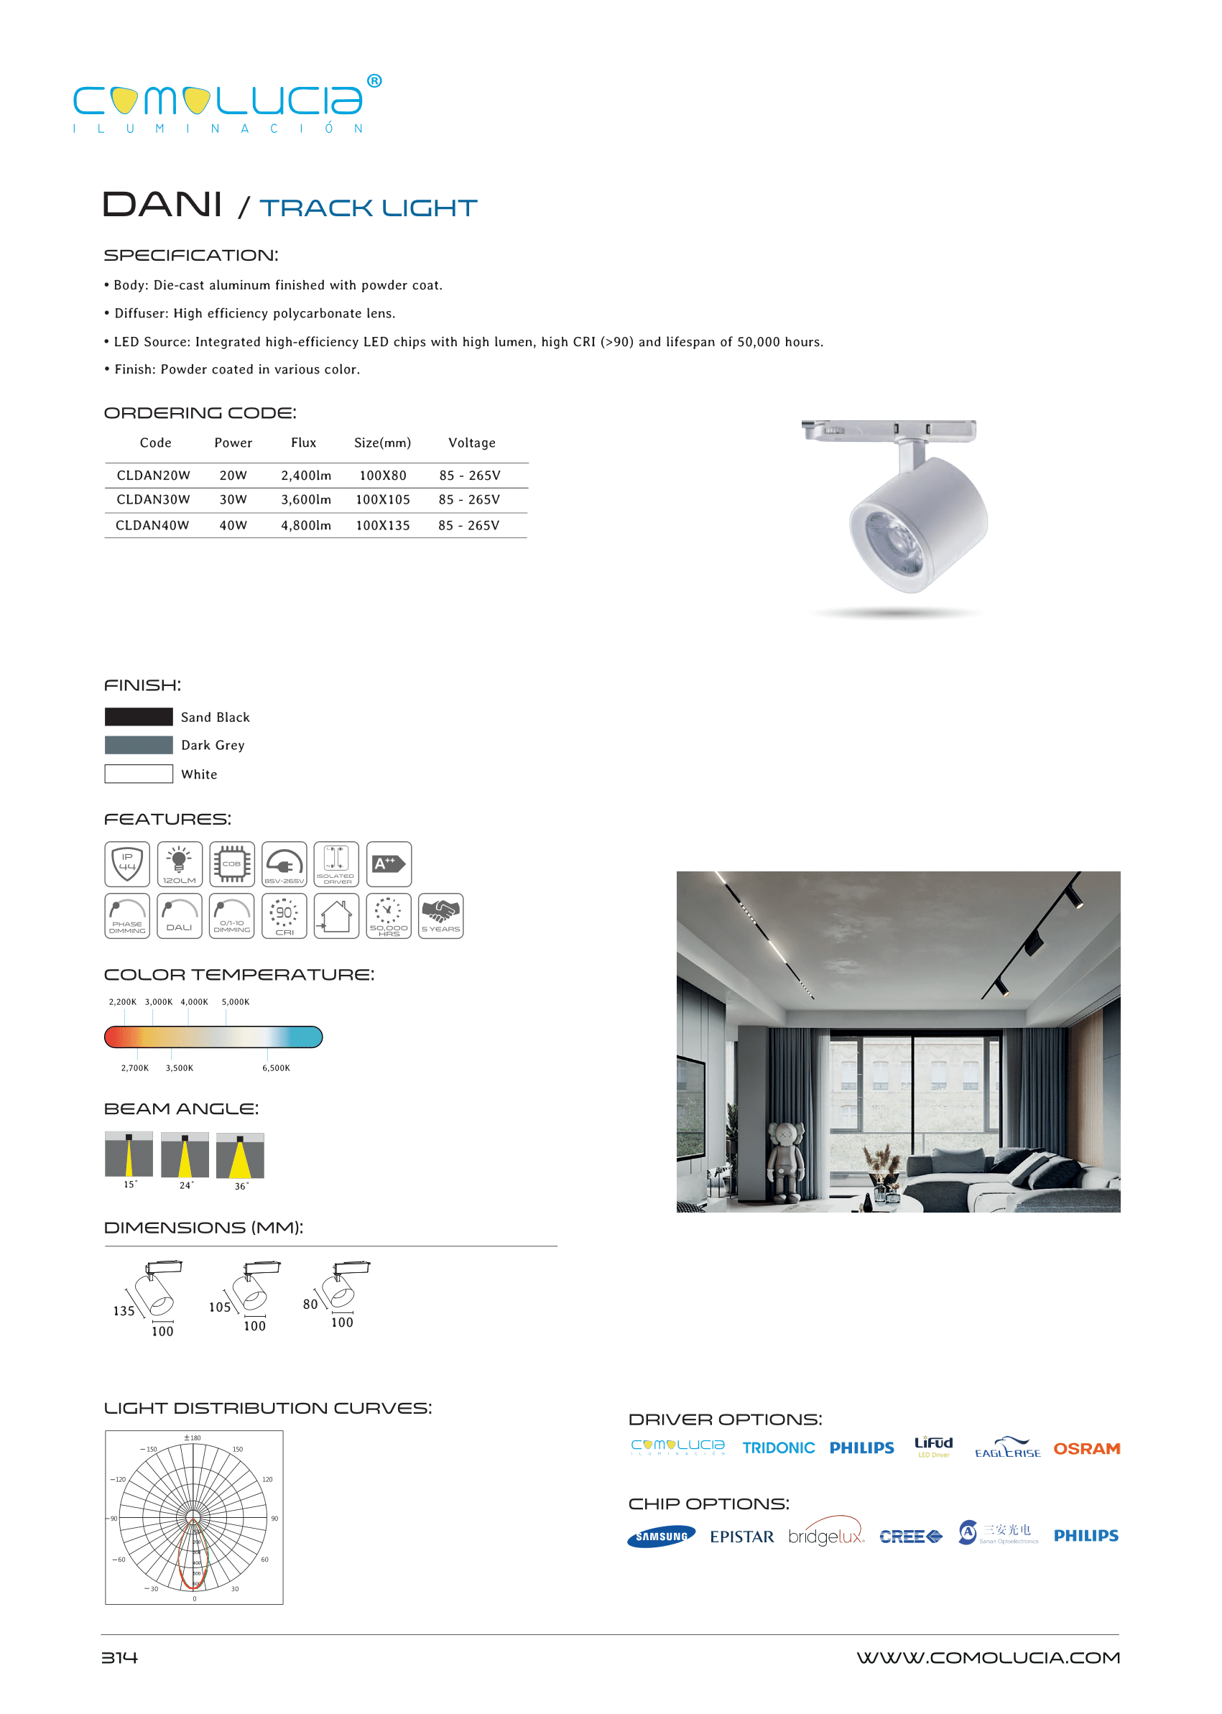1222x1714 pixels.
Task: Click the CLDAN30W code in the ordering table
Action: click(153, 499)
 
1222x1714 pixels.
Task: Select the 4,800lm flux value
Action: click(305, 525)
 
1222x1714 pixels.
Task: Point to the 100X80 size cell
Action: click(382, 476)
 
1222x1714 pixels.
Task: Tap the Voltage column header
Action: click(472, 443)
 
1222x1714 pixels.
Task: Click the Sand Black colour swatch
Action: click(139, 717)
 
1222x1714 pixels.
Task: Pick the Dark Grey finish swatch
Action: click(139, 745)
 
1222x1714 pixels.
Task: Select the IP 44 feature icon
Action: click(127, 863)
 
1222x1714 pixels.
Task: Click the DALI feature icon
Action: click(179, 916)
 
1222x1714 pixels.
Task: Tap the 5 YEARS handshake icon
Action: click(441, 916)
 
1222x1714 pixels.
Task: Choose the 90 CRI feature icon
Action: click(284, 916)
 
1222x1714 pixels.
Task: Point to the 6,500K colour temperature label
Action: click(275, 1067)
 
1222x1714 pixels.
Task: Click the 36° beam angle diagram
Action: click(240, 1157)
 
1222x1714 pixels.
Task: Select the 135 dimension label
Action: click(124, 1311)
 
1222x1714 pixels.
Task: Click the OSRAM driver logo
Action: click(1086, 1448)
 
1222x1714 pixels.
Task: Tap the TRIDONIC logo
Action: click(778, 1447)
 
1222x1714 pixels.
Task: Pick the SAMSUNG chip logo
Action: click(661, 1537)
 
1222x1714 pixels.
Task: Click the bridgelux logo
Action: click(825, 1536)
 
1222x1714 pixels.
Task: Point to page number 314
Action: click(120, 1657)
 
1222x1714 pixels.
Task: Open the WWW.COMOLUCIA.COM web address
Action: click(987, 1657)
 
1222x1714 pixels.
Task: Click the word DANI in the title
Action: click(162, 205)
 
